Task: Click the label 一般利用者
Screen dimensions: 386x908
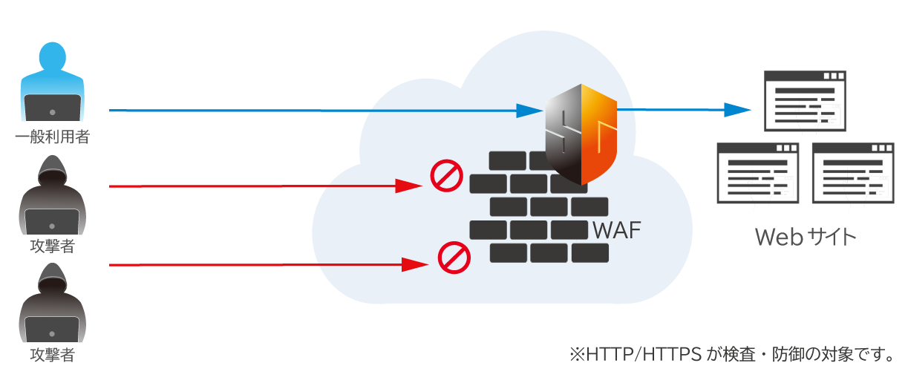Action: [x=52, y=137]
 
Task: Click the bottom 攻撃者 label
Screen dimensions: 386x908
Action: [x=52, y=355]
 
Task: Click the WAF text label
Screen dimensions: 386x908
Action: [x=617, y=229]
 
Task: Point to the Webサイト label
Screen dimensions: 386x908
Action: [x=806, y=237]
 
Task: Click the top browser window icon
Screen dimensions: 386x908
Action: [x=806, y=102]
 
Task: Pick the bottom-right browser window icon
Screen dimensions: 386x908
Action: [x=852, y=174]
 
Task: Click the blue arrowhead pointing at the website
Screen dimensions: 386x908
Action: [x=738, y=110]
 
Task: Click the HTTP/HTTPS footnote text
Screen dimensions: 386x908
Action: [x=731, y=355]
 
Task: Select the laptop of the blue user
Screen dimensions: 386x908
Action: [x=52, y=108]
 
